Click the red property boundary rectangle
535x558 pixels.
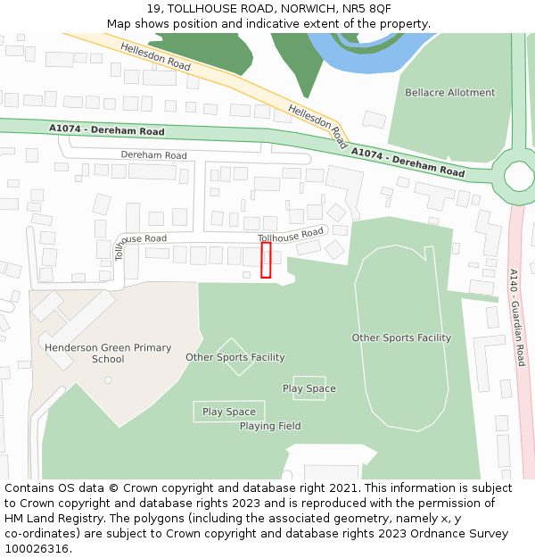click(266, 260)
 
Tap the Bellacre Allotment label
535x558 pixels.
click(450, 93)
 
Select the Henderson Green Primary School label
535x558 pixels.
click(108, 354)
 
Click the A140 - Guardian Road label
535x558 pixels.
click(517, 318)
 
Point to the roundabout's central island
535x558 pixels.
click(518, 175)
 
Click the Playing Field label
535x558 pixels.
click(270, 427)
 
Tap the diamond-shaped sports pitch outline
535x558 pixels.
click(235, 357)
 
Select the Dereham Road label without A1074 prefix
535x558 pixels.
click(154, 155)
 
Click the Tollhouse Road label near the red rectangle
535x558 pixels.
click(291, 236)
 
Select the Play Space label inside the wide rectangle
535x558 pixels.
click(229, 412)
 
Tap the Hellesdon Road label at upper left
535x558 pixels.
click(156, 56)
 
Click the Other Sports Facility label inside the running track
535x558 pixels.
click(401, 338)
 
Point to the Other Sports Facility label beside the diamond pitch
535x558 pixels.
click(235, 358)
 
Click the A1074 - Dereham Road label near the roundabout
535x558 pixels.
click(407, 162)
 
